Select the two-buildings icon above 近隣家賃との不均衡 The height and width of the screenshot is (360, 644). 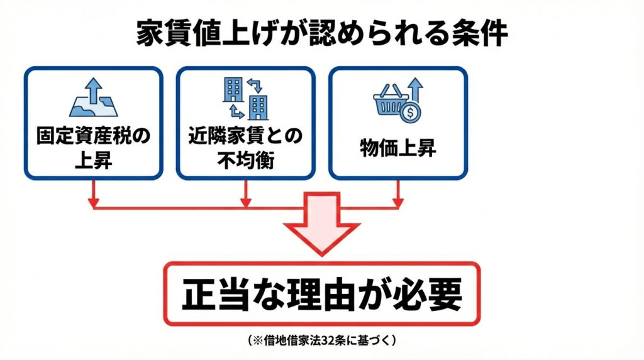[245, 99]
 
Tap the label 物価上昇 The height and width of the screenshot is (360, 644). [398, 149]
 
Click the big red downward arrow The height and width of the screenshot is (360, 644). [321, 223]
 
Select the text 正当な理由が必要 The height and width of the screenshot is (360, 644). [321, 295]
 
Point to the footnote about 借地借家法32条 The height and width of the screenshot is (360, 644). [321, 340]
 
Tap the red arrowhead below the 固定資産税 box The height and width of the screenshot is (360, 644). [93, 203]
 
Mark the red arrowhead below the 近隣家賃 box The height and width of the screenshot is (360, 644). [245, 203]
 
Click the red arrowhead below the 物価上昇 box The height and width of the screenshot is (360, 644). [398, 203]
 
